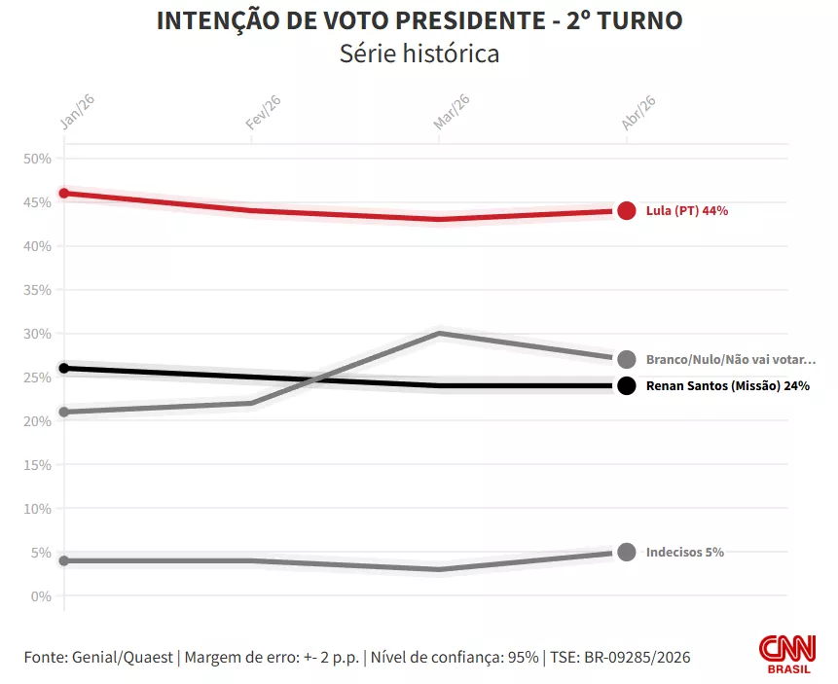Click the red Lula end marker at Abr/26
coord(627,211)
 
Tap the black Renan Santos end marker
coord(627,385)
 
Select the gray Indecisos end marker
coord(627,552)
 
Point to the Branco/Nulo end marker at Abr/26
coord(627,359)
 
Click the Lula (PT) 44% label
coord(686,211)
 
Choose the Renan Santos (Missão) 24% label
coord(727,386)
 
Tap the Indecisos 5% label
coord(684,553)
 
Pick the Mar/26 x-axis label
coord(451,113)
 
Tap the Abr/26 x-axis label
coord(638,113)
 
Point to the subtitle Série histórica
coord(419,54)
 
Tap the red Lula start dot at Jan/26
coord(64,193)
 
